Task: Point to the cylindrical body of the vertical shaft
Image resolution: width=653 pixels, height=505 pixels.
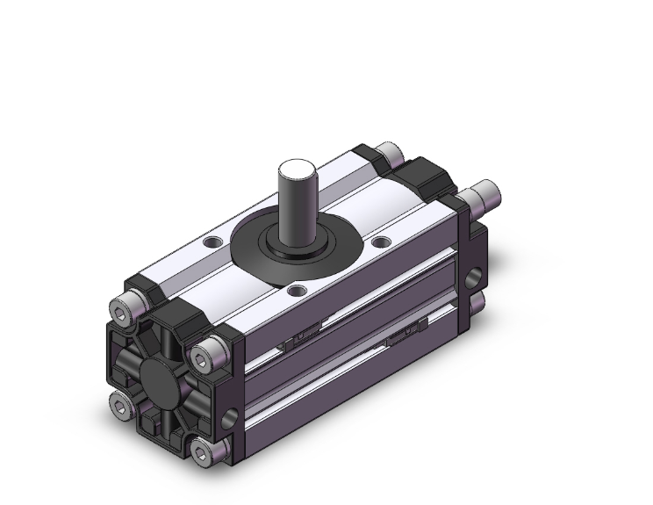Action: coord(297,206)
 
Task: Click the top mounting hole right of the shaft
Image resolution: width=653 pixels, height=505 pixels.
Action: coord(380,241)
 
